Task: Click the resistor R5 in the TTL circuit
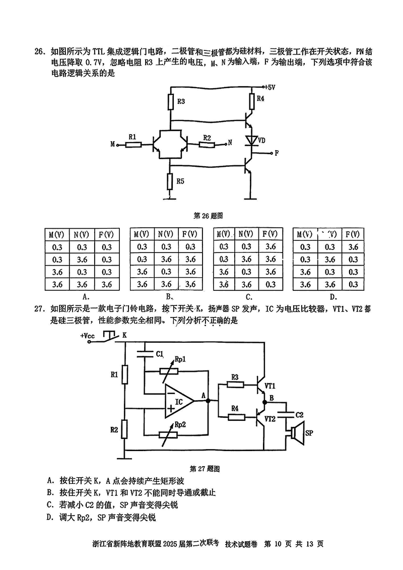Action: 170,180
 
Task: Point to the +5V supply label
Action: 270,87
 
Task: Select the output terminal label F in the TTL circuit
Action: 277,153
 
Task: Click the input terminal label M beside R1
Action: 113,144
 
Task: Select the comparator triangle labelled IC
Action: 179,402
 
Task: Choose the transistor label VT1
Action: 270,386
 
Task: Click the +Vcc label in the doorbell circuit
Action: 87,335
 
